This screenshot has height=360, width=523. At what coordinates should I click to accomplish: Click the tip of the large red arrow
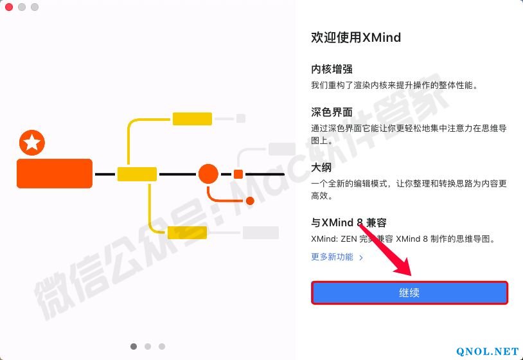click(411, 275)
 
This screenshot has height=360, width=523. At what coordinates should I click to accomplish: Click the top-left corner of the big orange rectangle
click(17, 159)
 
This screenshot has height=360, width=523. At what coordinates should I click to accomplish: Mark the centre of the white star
click(32, 143)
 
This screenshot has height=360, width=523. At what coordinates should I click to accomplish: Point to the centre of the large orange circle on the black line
click(208, 174)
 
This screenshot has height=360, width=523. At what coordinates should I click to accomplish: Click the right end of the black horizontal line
click(284, 174)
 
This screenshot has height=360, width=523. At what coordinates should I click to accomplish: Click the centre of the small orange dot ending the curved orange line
click(250, 201)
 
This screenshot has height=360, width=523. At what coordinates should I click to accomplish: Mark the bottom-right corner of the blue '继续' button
click(508, 303)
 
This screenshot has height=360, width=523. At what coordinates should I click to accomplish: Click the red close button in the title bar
click(9, 7)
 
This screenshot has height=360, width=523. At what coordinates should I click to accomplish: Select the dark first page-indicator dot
click(134, 346)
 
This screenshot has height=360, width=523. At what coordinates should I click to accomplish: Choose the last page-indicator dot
click(162, 346)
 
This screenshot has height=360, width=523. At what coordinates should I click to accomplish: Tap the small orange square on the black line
click(238, 174)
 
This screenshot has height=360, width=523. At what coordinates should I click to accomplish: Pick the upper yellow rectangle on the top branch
click(192, 119)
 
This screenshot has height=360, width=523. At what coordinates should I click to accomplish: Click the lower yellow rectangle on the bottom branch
click(187, 233)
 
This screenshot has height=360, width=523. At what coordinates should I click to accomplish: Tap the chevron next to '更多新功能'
click(361, 257)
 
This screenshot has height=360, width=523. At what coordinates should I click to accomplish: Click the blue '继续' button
click(409, 292)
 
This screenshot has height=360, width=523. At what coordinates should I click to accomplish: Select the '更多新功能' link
click(332, 257)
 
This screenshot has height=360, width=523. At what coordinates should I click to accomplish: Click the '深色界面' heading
click(332, 112)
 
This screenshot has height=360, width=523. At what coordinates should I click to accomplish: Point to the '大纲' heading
click(321, 167)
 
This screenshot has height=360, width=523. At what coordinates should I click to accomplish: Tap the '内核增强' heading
click(332, 69)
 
